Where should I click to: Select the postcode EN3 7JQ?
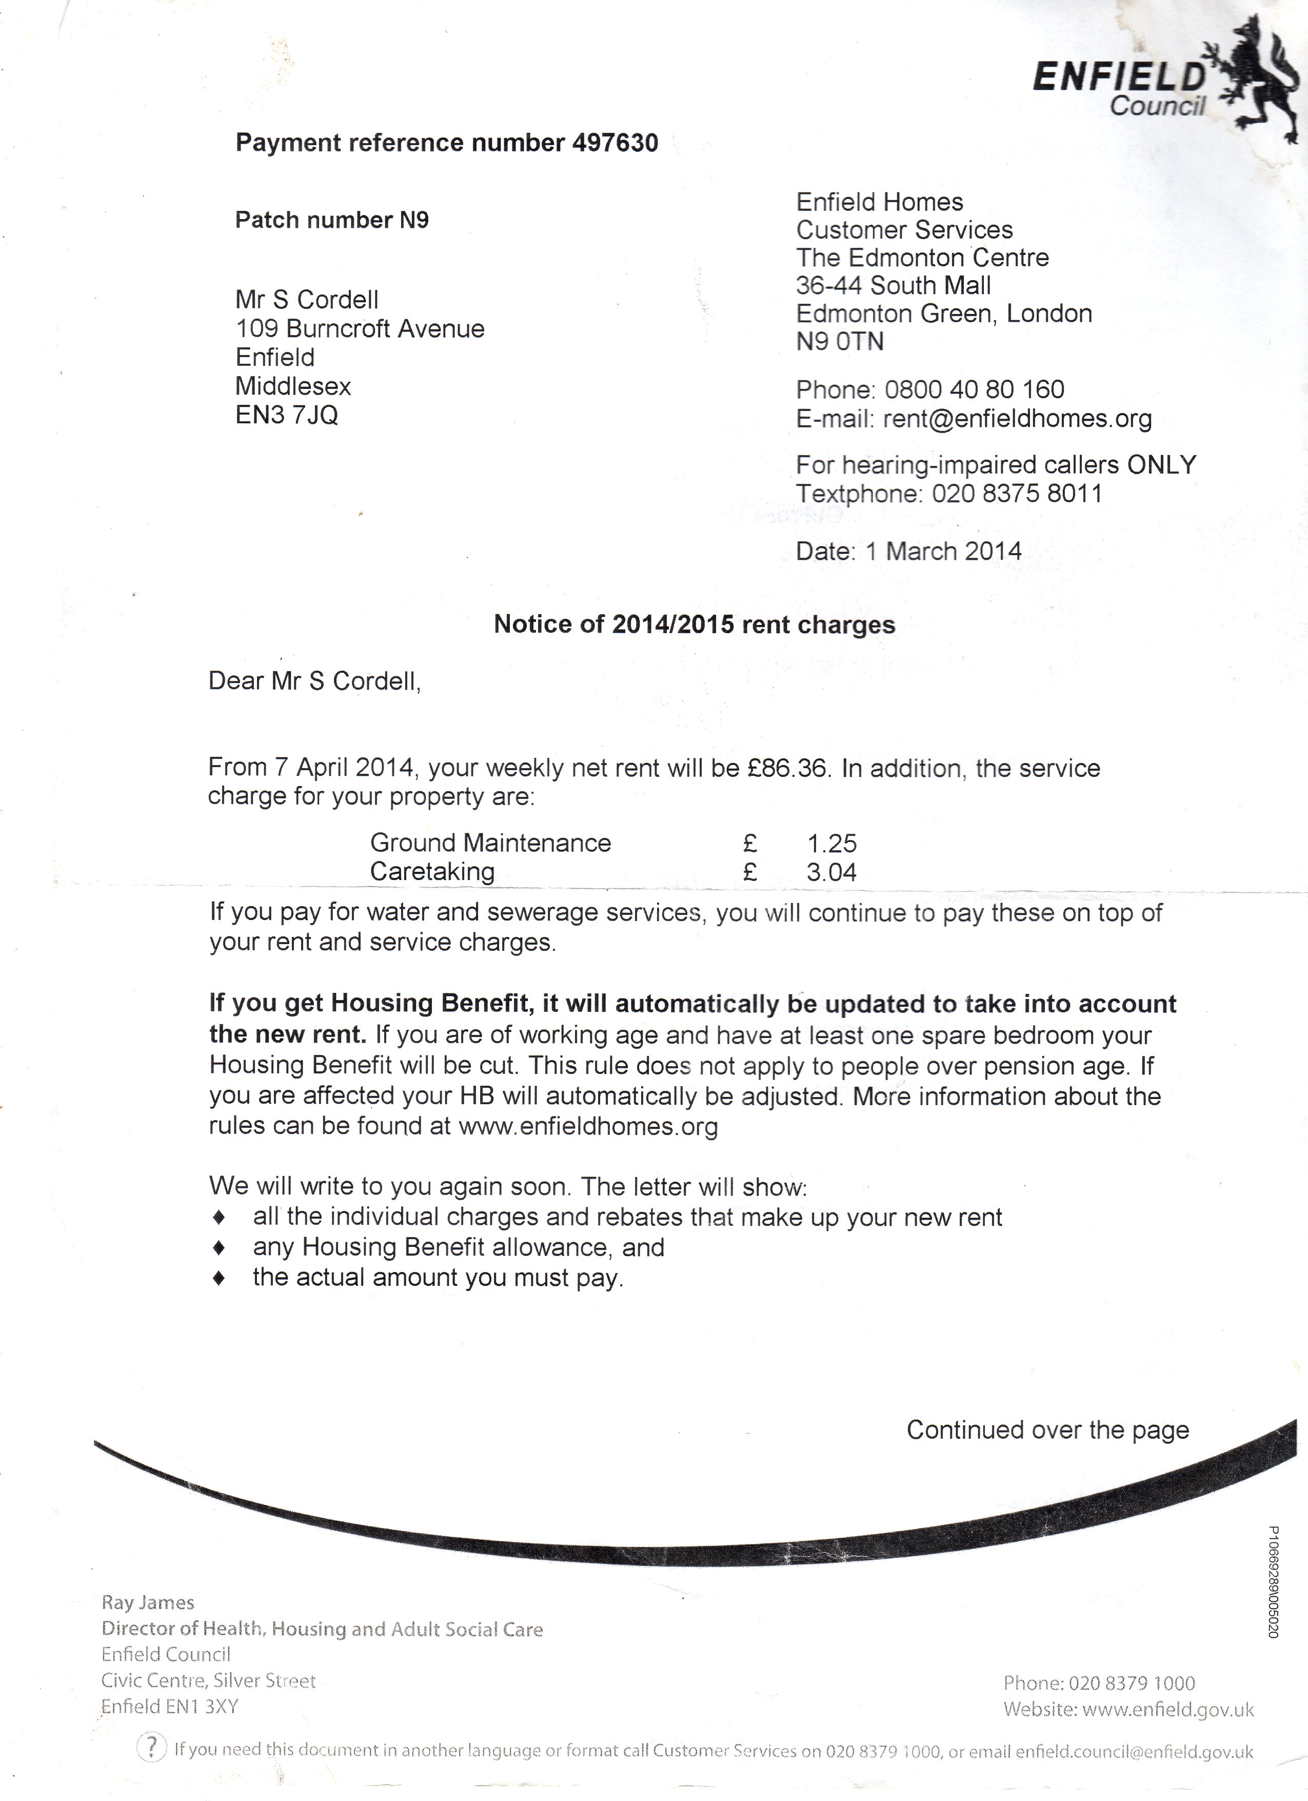pos(287,415)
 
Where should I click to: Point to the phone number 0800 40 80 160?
pos(975,390)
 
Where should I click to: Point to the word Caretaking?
pos(432,872)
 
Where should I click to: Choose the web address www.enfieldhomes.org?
pos(588,1127)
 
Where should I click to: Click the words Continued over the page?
pos(1047,1430)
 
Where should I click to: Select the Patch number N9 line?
pos(332,220)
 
